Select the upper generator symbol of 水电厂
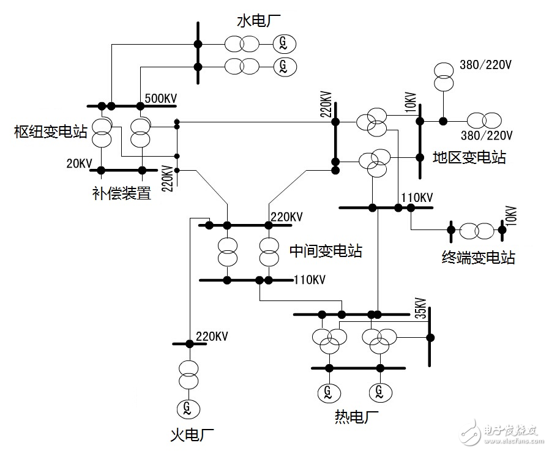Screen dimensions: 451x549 click(x=283, y=43)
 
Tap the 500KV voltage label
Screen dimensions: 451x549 click(x=161, y=99)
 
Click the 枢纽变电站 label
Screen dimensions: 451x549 click(x=51, y=130)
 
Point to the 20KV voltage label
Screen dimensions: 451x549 click(x=80, y=163)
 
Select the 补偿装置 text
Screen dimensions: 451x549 click(x=121, y=194)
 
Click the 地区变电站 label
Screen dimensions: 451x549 click(x=469, y=157)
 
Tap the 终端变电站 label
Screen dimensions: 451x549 click(x=478, y=257)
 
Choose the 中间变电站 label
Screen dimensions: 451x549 click(x=325, y=250)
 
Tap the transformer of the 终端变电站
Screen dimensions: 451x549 click(x=476, y=231)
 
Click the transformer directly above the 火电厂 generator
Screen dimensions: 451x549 click(x=189, y=375)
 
